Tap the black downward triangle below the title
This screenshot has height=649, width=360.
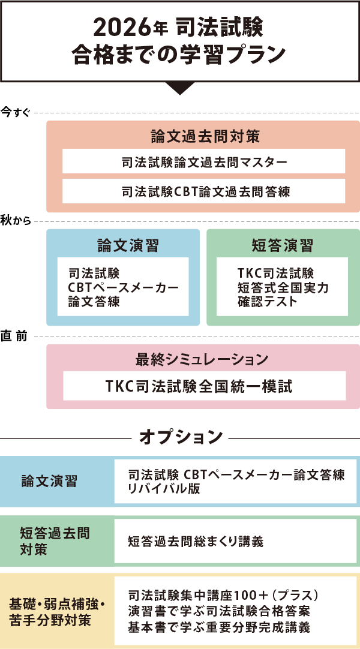pyautogui.click(x=180, y=88)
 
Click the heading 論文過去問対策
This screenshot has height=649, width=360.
pyautogui.click(x=204, y=136)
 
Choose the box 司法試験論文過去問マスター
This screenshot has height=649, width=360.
pyautogui.click(x=204, y=162)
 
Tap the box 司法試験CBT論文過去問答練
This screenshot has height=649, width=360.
pyautogui.click(x=204, y=191)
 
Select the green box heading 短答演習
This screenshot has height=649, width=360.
pyautogui.click(x=282, y=245)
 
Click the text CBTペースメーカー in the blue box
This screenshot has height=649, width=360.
pyautogui.click(x=123, y=288)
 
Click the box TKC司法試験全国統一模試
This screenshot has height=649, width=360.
pyautogui.click(x=204, y=386)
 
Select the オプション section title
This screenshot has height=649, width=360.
pyautogui.click(x=181, y=437)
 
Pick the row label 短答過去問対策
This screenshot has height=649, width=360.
pyautogui.click(x=54, y=541)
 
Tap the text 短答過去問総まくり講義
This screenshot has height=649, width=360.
pyautogui.click(x=195, y=542)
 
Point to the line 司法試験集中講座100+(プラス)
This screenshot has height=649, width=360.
pyautogui.click(x=222, y=596)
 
